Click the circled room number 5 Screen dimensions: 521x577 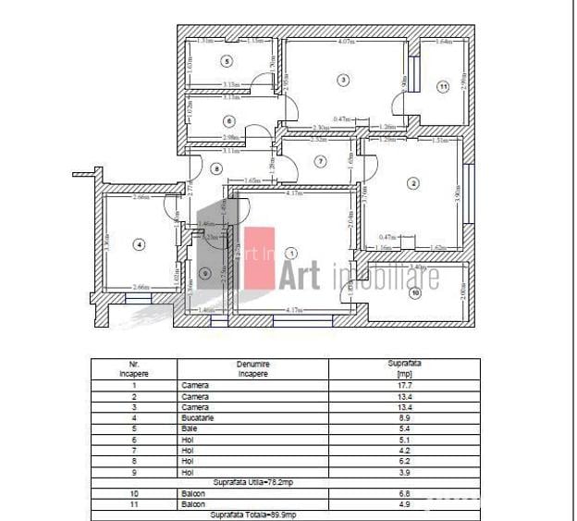tap(226, 61)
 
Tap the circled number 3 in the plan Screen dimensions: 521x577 tap(343, 81)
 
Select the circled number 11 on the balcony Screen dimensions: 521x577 tap(443, 87)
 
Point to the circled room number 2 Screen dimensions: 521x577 tap(412, 182)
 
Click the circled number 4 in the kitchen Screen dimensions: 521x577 tap(139, 244)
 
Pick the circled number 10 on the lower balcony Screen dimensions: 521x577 tap(414, 293)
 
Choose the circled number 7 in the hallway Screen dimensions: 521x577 tap(320, 161)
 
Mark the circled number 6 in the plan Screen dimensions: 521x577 tap(227, 121)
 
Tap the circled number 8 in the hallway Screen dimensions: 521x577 tap(215, 168)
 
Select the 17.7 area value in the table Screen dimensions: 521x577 tap(404, 386)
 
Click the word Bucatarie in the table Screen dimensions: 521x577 tap(198, 417)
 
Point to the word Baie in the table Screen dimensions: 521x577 tap(190, 428)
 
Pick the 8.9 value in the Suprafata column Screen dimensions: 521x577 tap(404, 417)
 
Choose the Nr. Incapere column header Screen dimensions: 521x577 tap(133, 368)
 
